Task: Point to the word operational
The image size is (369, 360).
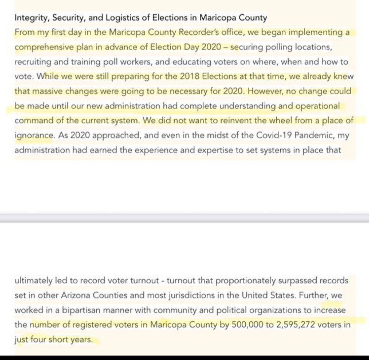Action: [318, 106]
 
